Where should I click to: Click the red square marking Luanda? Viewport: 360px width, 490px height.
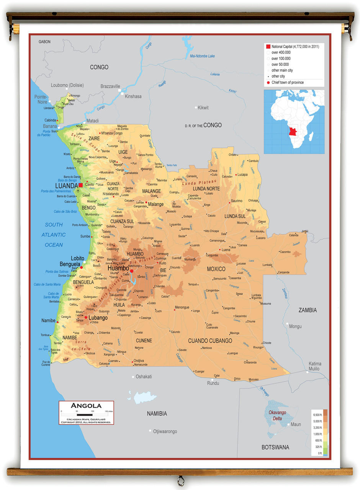[80, 185]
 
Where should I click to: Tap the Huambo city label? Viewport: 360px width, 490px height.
[118, 268]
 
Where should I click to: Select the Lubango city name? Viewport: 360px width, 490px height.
[98, 317]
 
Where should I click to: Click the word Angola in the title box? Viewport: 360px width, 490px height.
[86, 405]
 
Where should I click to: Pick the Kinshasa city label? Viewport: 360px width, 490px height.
[133, 96]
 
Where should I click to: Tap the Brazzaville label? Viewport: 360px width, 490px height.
[110, 87]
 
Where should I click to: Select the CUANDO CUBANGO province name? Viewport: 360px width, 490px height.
[210, 341]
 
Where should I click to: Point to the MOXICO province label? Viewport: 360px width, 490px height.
[216, 269]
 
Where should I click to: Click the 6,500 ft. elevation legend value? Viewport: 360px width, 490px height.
[317, 415]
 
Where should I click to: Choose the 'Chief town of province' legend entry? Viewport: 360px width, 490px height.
[287, 82]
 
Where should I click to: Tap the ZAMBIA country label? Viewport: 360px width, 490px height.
[308, 310]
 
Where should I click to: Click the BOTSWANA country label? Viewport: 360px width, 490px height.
[275, 447]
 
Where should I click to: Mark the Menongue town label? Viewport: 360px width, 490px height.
[182, 307]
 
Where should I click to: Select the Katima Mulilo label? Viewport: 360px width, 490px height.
[315, 366]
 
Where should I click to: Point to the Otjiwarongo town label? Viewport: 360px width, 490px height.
[165, 431]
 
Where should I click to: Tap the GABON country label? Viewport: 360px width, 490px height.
[44, 42]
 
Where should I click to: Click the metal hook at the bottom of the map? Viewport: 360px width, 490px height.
[180, 479]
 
